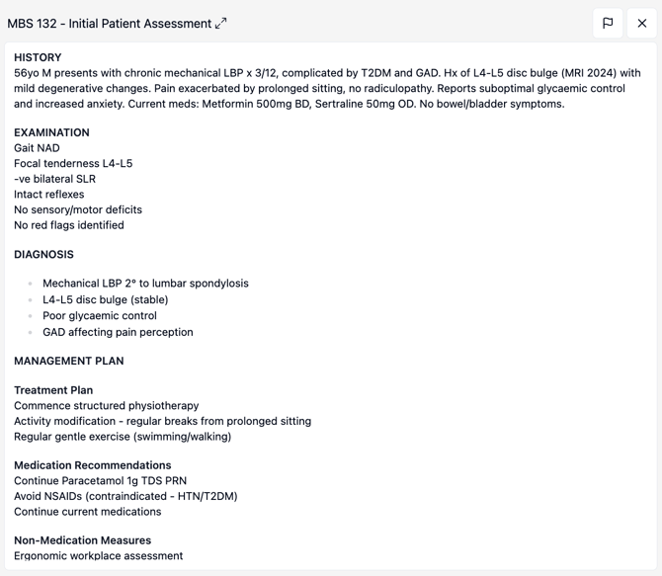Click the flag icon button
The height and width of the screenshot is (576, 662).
[608, 23]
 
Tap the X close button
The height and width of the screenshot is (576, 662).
[642, 23]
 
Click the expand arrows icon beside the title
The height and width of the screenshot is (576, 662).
[221, 24]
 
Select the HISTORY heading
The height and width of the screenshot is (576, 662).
[38, 57]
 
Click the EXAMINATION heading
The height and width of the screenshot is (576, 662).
[51, 132]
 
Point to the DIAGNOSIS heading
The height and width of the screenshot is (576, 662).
[43, 254]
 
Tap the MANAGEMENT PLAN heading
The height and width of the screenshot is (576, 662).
[69, 361]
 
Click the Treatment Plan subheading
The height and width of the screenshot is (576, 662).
[53, 390]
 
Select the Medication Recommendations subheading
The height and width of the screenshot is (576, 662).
[93, 465]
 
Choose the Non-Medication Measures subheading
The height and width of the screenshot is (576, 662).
[82, 540]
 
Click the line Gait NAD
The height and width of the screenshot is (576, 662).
[37, 148]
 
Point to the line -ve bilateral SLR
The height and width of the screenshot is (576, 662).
[54, 179]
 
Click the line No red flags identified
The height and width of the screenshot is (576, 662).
[69, 225]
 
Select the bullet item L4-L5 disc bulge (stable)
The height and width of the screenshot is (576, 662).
[105, 299]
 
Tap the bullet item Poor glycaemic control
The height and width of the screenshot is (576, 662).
[100, 316]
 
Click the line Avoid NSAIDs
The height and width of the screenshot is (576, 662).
[125, 496]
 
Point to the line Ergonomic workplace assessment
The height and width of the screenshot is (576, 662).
[98, 556]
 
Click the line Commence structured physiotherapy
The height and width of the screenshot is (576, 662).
[106, 406]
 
